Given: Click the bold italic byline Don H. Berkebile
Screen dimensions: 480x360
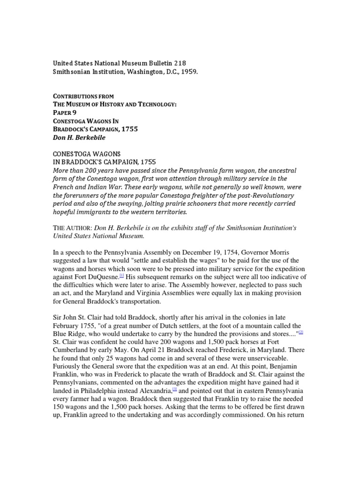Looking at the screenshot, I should coord(79,138).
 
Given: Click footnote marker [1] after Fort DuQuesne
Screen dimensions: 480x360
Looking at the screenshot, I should coord(122,276).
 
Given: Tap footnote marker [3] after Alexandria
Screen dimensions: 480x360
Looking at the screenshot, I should coord(174,389).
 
